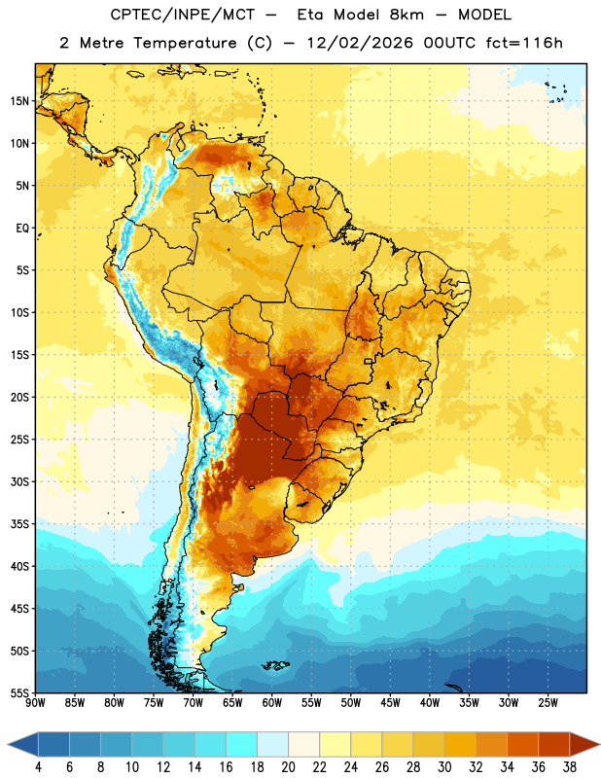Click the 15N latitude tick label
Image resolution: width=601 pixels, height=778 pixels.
pos(19,101)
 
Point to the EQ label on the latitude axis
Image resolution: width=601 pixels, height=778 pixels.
pos(22,229)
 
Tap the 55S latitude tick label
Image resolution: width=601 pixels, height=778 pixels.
pos(19,692)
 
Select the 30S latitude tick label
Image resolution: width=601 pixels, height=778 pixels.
pos(19,481)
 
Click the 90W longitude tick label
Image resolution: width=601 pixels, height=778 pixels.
pos(35,703)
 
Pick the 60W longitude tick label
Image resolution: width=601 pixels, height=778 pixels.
pos(272,703)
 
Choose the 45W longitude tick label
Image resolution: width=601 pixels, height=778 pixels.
pos(390,703)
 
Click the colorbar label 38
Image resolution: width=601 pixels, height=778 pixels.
pos(570,767)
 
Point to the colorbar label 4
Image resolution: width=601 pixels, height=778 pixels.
pos(38,767)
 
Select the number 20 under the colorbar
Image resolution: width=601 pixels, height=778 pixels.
pos(288,767)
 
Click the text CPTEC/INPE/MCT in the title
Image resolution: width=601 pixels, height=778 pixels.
pos(182,15)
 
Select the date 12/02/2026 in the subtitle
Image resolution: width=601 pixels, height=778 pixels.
pos(360,43)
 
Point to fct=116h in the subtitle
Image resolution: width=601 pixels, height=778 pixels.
pos(524,43)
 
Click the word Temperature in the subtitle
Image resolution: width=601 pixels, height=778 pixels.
pos(185,44)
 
